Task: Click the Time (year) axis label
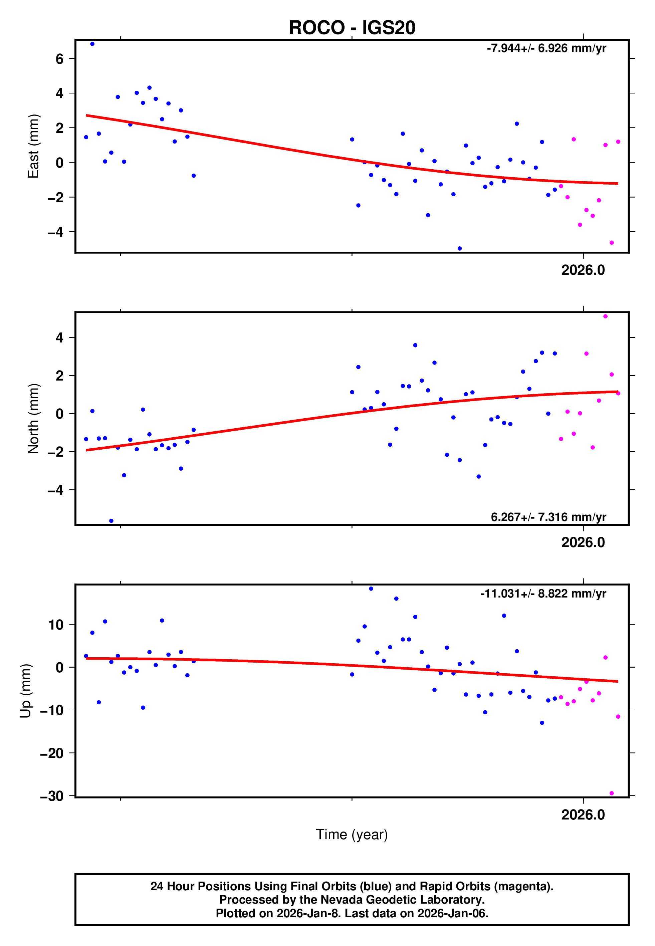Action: tap(352, 835)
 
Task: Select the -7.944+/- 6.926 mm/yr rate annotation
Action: tap(546, 48)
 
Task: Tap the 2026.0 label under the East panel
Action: tap(583, 270)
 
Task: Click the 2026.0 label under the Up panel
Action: tap(583, 815)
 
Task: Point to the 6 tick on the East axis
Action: tap(59, 59)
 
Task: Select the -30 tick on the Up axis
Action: tap(52, 796)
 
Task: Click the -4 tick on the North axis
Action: tap(56, 490)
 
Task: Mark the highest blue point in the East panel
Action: tap(92, 44)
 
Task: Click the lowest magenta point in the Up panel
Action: tap(612, 793)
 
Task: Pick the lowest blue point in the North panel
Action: tap(111, 521)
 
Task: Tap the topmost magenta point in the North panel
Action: tap(605, 316)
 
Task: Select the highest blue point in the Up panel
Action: tap(371, 589)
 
